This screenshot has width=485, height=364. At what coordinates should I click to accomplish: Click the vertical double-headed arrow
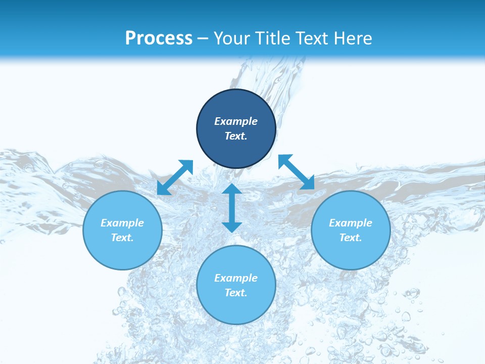click(232, 208)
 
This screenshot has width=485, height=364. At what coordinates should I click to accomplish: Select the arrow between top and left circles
click(175, 177)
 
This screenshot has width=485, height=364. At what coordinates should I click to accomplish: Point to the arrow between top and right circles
click(296, 172)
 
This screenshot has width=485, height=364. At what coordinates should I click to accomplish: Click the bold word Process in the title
click(159, 38)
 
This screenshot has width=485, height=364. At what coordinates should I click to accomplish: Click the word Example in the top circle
click(236, 121)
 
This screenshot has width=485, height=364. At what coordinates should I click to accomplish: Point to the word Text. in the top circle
click(236, 136)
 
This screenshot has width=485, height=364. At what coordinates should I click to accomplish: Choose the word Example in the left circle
click(122, 223)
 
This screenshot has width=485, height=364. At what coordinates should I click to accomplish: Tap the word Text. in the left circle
click(122, 238)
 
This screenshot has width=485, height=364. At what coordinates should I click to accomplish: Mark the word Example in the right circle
click(351, 223)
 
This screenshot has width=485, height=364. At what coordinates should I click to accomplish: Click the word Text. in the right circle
click(351, 238)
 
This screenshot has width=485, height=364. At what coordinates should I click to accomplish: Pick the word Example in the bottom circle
click(236, 278)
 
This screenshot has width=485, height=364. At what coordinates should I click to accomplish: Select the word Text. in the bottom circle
click(236, 293)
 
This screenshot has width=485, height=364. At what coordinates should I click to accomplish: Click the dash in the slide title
click(203, 38)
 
